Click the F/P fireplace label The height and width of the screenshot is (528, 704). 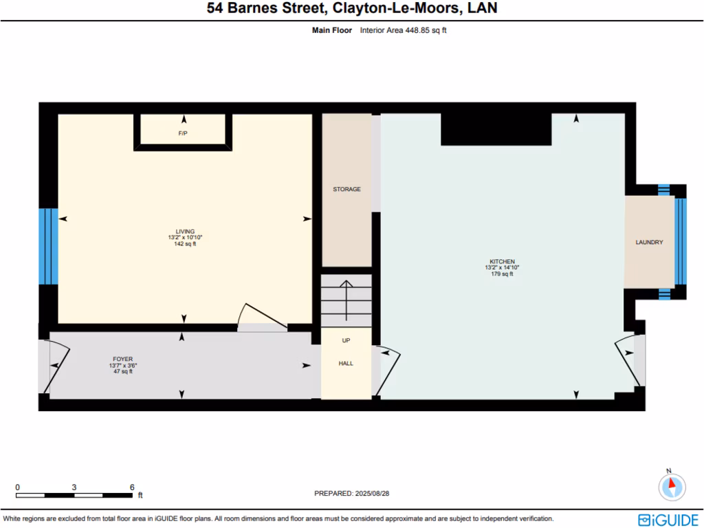pyautogui.click(x=183, y=133)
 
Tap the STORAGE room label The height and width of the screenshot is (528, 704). pyautogui.click(x=346, y=189)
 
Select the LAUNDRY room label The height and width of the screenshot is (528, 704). pyautogui.click(x=649, y=242)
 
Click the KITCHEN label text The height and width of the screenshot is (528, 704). pyautogui.click(x=502, y=262)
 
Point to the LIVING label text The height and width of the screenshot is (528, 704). pyautogui.click(x=185, y=232)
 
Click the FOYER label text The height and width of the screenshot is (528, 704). pyautogui.click(x=122, y=359)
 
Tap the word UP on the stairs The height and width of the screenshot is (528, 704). pyautogui.click(x=346, y=340)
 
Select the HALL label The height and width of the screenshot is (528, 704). pyautogui.click(x=346, y=363)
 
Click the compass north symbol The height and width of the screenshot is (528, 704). pyautogui.click(x=672, y=487)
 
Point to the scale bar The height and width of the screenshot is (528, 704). pyautogui.click(x=74, y=494)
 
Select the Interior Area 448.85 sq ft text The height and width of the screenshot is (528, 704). pyautogui.click(x=403, y=30)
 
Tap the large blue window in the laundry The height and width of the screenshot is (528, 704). pyautogui.click(x=681, y=241)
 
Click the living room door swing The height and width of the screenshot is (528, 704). pyautogui.click(x=261, y=318)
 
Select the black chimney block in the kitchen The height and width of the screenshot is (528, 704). pyautogui.click(x=496, y=129)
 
